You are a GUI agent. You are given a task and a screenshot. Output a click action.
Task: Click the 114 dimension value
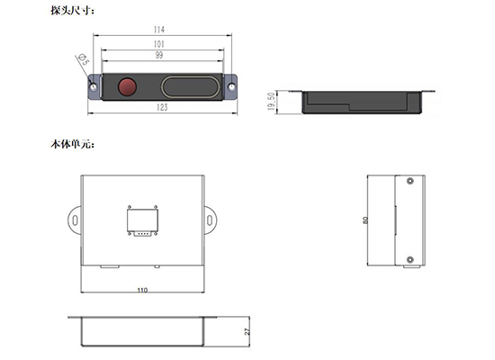[x=159, y=30]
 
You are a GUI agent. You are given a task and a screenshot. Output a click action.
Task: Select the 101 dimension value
[x=159, y=44]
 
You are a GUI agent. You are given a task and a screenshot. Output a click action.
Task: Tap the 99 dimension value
[x=159, y=55]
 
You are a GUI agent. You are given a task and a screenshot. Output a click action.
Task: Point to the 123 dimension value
[x=162, y=107]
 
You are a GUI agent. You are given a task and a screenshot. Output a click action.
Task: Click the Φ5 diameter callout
[x=84, y=59]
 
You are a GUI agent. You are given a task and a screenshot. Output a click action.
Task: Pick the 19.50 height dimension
[x=271, y=101]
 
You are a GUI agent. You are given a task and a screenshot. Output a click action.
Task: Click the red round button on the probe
[x=127, y=86]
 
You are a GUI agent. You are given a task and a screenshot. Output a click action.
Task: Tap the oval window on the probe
[x=191, y=86]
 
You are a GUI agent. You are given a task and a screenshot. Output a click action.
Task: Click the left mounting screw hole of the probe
[x=94, y=86]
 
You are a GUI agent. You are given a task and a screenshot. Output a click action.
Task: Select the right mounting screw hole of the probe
[x=231, y=86]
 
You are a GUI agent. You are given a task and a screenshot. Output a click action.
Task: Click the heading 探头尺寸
[x=72, y=11]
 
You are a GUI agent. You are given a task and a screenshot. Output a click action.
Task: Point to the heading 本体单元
[x=72, y=144]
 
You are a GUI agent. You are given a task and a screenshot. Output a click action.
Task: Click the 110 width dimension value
[x=142, y=290]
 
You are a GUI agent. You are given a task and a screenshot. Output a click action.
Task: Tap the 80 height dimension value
[x=365, y=220]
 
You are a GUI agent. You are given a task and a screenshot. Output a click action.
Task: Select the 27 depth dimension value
[x=247, y=331]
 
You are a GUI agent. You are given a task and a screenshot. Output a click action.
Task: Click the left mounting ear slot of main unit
[x=75, y=220]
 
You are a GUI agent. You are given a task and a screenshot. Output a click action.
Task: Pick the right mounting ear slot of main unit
[x=210, y=220]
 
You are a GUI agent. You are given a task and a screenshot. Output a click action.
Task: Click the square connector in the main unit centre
[x=142, y=220]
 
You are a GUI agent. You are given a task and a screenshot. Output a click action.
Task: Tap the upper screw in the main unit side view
[x=409, y=181]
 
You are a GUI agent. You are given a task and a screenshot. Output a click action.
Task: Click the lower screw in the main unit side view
[x=409, y=260]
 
